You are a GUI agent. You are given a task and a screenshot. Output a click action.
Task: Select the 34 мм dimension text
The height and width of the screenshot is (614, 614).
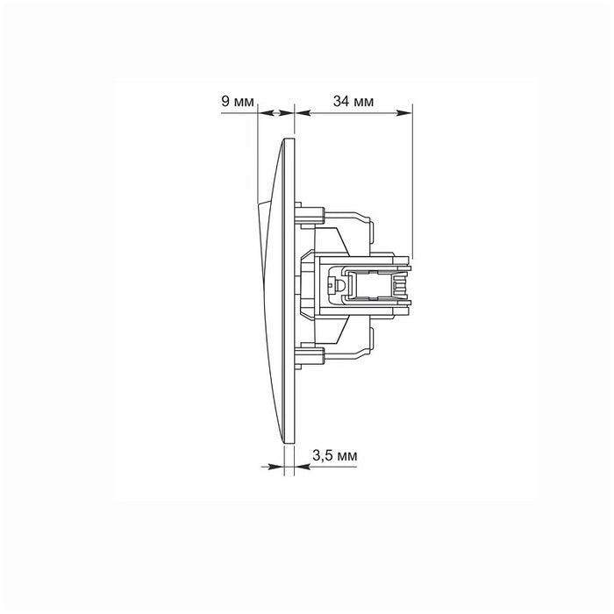pyautogui.click(x=353, y=103)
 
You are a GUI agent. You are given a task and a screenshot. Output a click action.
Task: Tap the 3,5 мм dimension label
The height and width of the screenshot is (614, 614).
pyautogui.click(x=334, y=455)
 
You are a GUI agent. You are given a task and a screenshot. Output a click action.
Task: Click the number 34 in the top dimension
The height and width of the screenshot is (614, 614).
pyautogui.click(x=340, y=103)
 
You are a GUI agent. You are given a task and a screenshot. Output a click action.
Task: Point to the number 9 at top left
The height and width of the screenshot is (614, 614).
pyautogui.click(x=224, y=103)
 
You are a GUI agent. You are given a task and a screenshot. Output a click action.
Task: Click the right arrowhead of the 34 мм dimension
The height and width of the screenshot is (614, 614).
pyautogui.click(x=407, y=113)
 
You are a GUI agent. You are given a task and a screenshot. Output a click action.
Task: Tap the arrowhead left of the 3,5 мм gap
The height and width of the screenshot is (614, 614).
pyautogui.click(x=280, y=466)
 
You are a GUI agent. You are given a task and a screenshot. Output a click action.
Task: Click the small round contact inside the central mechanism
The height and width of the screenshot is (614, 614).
pyautogui.click(x=332, y=286)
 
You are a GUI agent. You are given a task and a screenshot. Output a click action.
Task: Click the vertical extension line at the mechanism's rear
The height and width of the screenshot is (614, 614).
pyautogui.click(x=412, y=175)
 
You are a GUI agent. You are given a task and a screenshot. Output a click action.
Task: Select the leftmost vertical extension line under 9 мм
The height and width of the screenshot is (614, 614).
pyautogui.click(x=257, y=158)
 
